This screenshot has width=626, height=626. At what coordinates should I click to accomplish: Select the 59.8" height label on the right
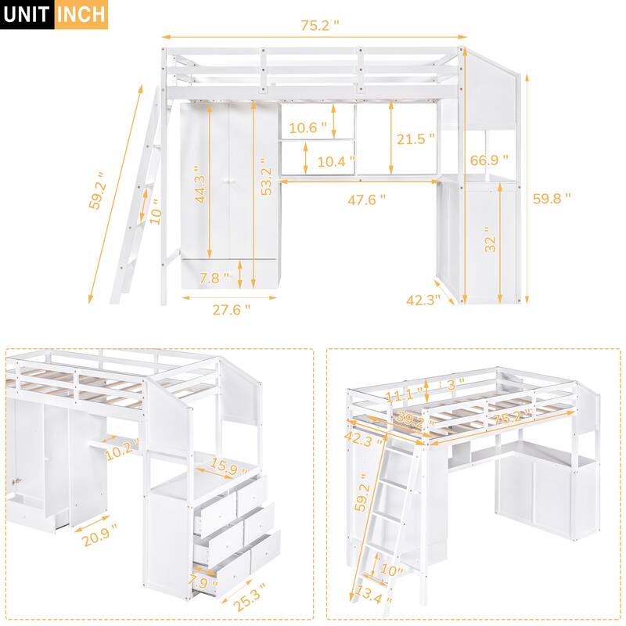[x=552, y=198]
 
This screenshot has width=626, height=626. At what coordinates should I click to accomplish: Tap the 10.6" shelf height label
[x=308, y=128]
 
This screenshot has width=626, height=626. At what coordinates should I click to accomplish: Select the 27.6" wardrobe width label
[x=231, y=308]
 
